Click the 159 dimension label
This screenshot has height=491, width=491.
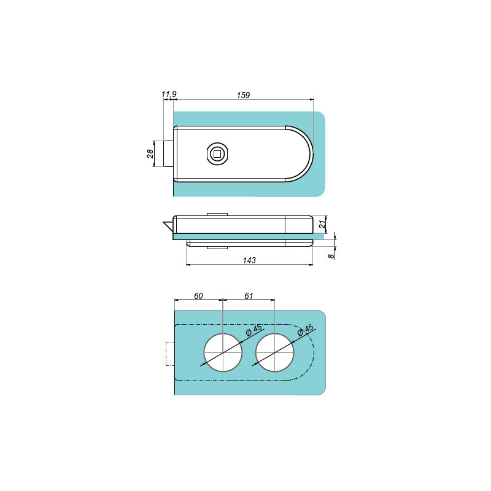coord(243,95)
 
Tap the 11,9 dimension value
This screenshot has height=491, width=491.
coord(169,94)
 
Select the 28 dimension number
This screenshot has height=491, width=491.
coord(150,153)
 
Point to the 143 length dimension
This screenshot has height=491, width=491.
coord(249,260)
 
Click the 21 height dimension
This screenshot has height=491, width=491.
coord(322,224)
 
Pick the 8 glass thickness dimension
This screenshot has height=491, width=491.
coord(331,256)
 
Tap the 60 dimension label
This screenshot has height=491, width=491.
coord(198,296)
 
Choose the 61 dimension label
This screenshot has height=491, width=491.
coord(249,296)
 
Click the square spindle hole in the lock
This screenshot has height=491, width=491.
coord(217,154)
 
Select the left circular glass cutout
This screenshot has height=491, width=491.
coord(223,353)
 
